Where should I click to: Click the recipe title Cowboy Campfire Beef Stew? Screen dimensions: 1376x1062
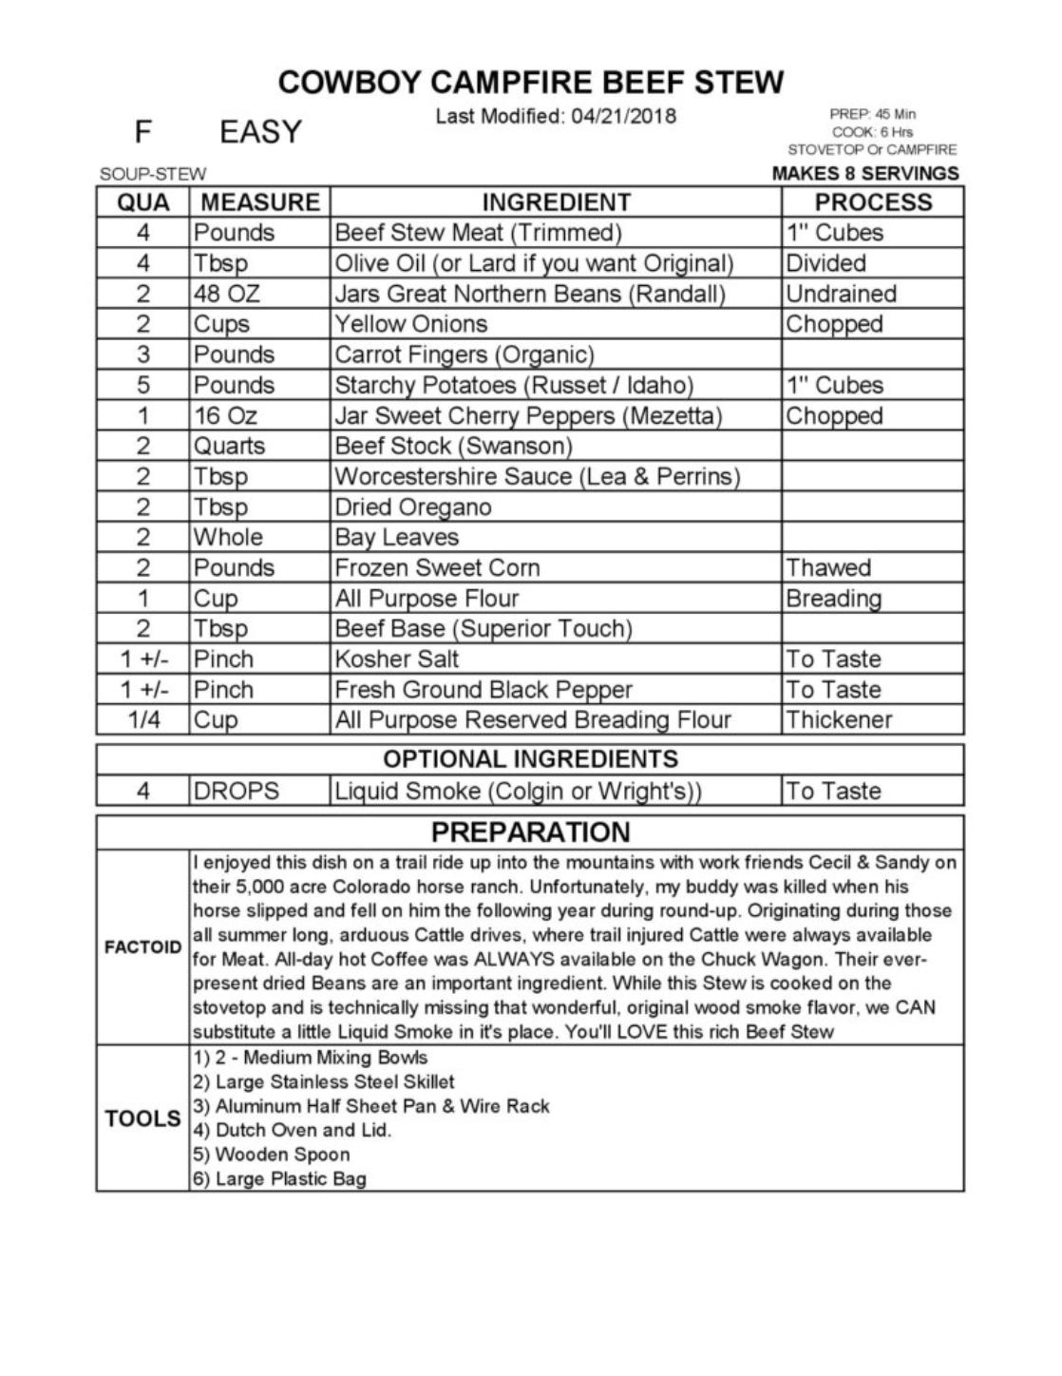point(531,83)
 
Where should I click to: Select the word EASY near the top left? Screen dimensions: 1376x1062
point(260,132)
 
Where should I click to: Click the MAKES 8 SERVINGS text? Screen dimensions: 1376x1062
point(865,174)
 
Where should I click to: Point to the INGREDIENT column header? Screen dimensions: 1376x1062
point(556,202)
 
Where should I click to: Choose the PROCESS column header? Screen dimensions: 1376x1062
point(873,202)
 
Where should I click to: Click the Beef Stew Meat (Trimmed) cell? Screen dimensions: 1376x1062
point(478,233)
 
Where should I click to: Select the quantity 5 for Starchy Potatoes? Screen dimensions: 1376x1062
point(142,385)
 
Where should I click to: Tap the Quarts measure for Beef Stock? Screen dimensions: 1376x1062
point(229,446)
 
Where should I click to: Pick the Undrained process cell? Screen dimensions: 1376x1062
point(841,294)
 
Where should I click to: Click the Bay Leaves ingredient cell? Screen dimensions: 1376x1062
point(396,537)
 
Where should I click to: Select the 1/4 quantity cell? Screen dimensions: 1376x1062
point(142,719)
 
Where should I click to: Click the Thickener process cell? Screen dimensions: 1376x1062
point(839,719)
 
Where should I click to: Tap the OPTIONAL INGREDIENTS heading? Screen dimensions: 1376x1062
point(530,759)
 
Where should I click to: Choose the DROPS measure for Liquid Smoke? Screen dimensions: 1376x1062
point(237,791)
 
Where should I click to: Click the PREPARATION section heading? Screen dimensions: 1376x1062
point(530,832)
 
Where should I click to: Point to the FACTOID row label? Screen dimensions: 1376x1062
point(142,947)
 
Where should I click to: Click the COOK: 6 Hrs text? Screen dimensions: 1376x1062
point(872,132)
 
